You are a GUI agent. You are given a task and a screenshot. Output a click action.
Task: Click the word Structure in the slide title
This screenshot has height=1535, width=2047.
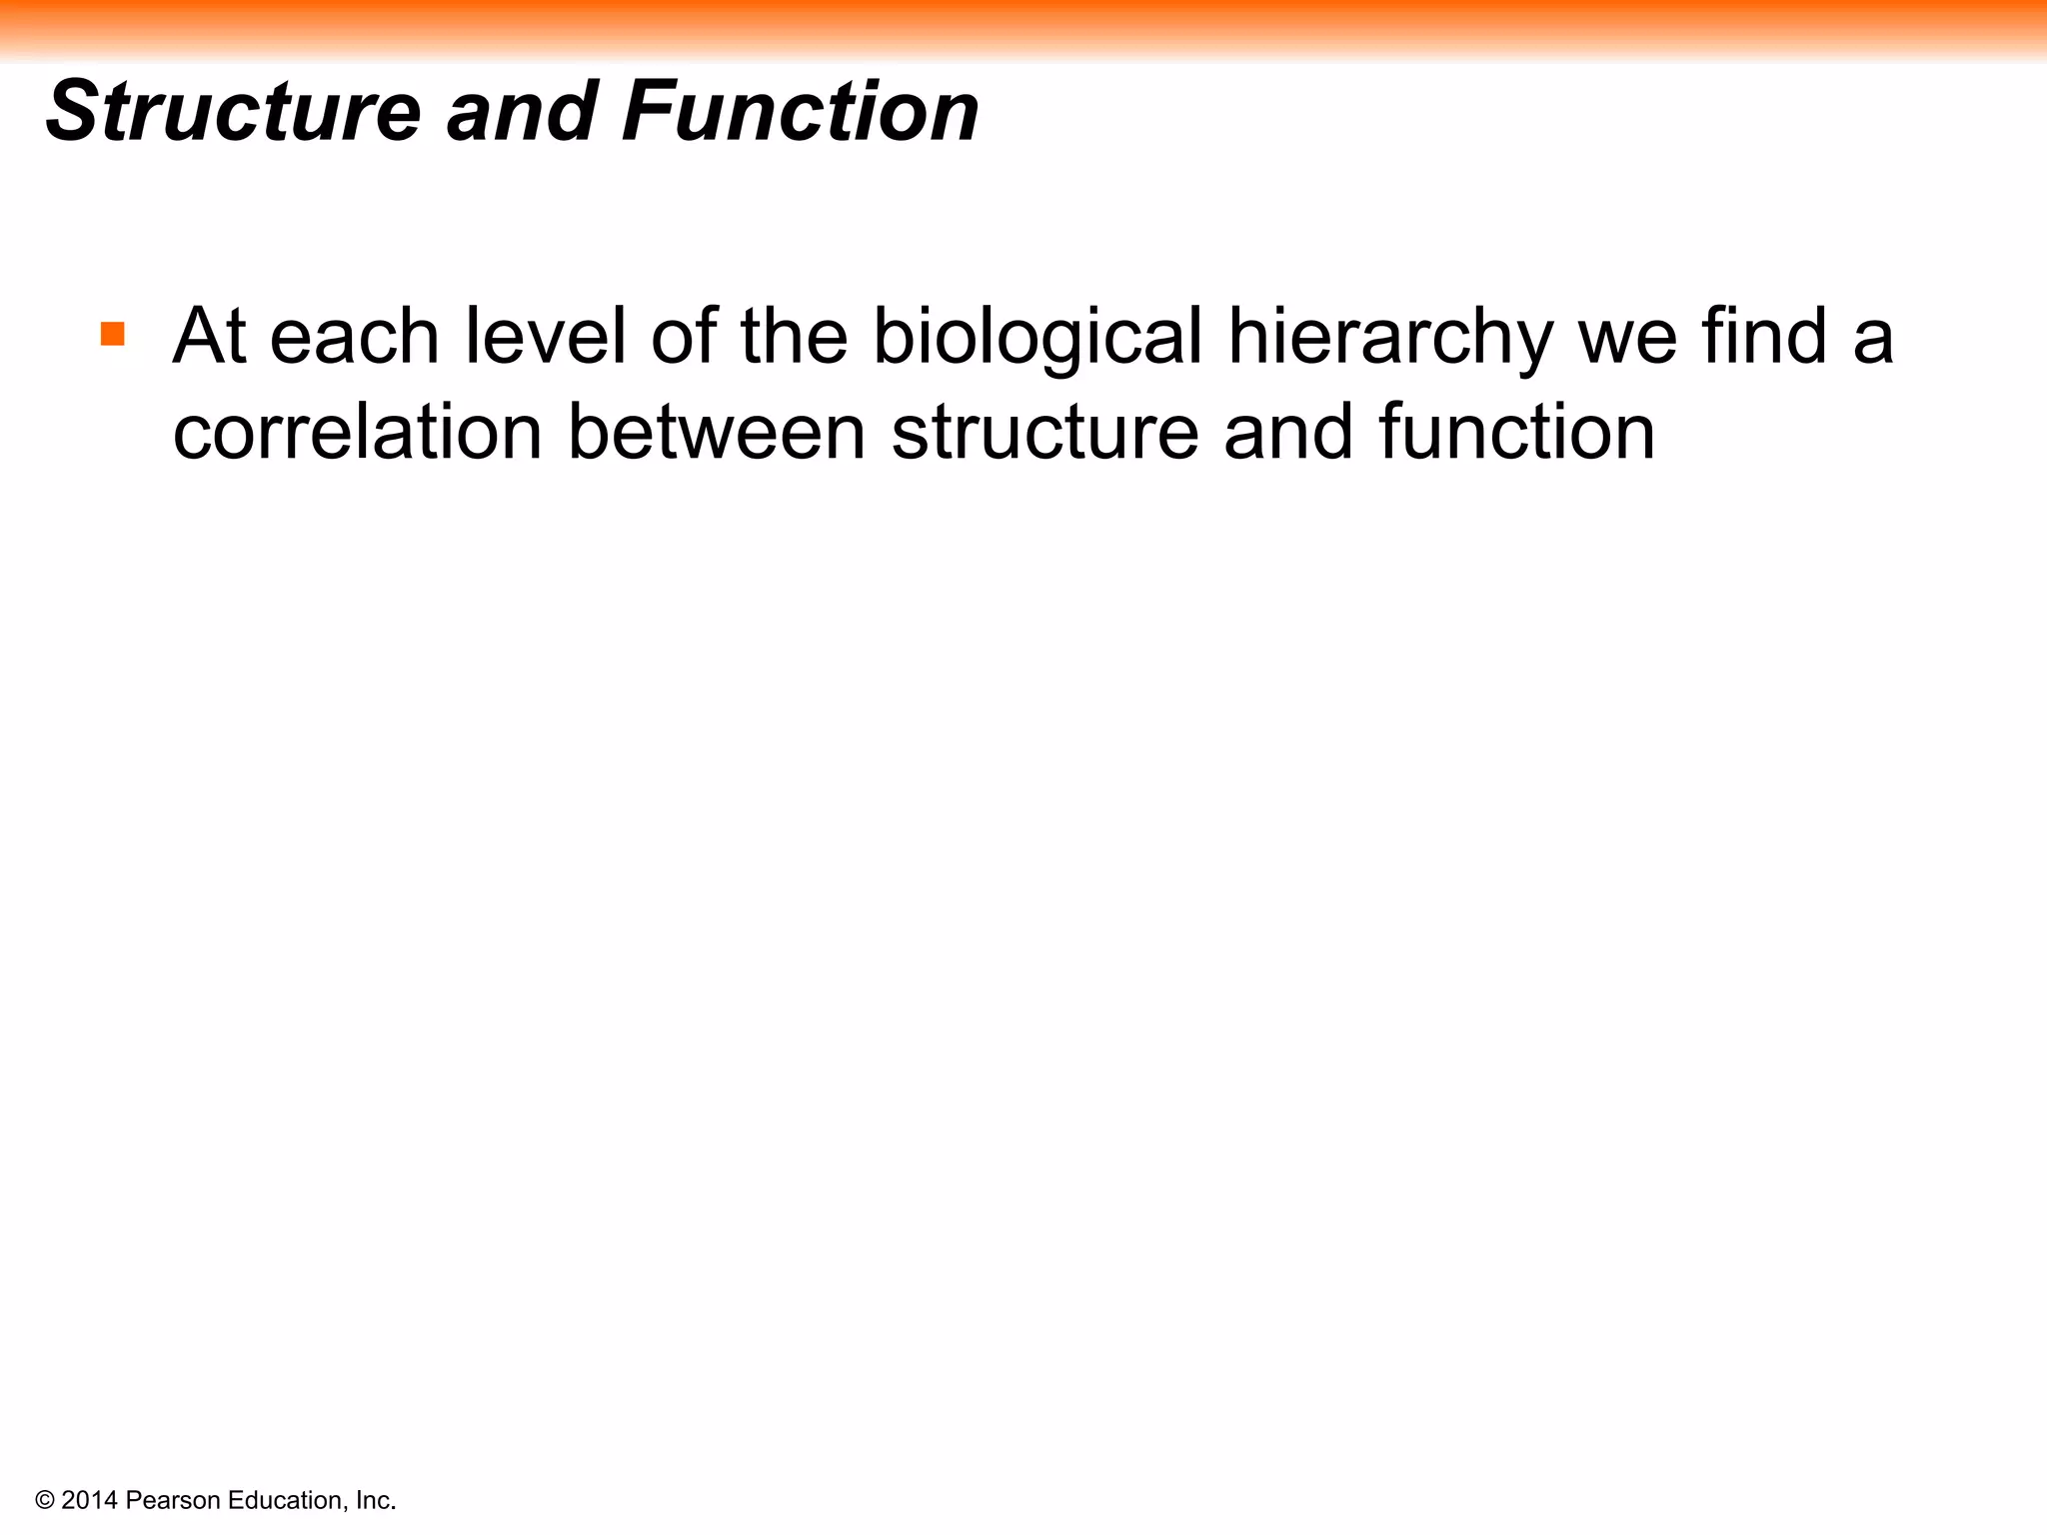233,112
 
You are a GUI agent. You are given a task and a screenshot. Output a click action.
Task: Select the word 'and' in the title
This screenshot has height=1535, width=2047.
522,112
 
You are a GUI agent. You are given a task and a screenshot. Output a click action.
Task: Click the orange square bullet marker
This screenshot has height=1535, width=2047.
113,334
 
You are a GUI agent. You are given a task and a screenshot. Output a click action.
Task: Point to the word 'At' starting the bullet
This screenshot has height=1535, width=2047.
209,336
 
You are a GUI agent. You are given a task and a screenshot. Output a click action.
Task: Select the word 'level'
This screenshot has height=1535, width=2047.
545,336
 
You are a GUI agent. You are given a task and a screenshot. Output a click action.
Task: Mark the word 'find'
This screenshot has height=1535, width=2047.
1765,336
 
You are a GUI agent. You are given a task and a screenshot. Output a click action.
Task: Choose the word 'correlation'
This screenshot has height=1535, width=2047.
358,432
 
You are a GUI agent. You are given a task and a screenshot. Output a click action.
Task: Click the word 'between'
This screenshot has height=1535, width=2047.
717,432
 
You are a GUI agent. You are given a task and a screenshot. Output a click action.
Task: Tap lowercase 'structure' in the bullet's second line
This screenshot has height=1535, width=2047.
1043,434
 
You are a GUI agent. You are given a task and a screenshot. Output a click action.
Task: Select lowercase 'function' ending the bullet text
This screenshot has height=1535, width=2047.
1516,432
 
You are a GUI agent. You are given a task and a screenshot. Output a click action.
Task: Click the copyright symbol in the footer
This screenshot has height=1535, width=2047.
44,1500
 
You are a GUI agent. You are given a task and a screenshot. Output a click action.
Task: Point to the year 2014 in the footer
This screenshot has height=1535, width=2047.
90,1500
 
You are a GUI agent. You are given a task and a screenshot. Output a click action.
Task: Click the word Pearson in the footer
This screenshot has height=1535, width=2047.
174,1500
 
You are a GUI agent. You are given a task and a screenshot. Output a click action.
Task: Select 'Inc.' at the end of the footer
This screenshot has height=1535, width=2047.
376,1500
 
